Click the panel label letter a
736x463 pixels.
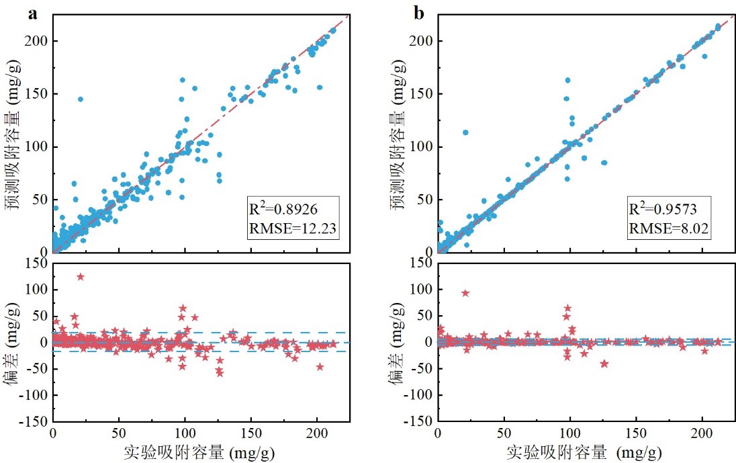tap(32, 14)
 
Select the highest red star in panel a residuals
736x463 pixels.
tap(81, 277)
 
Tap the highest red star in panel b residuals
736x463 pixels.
tap(465, 293)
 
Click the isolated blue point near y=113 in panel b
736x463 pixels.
tap(465, 132)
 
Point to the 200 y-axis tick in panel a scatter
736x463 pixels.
tap(37, 41)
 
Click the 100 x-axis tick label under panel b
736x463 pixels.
tap(570, 435)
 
